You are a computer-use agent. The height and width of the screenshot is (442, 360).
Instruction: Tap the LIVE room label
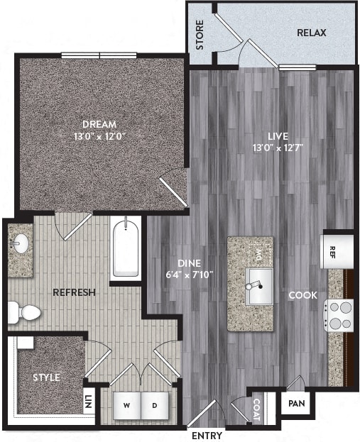273,135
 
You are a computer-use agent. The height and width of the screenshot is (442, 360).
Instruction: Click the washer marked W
126,407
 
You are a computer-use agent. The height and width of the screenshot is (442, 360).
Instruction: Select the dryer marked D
154,407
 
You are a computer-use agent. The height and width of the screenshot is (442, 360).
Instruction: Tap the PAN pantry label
294,404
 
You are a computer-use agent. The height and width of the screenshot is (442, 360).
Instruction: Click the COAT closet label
256,409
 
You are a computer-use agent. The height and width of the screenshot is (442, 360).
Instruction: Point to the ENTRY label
207,436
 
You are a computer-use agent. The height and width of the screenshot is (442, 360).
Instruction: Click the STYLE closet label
46,377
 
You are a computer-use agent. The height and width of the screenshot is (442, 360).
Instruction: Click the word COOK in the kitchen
302,295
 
